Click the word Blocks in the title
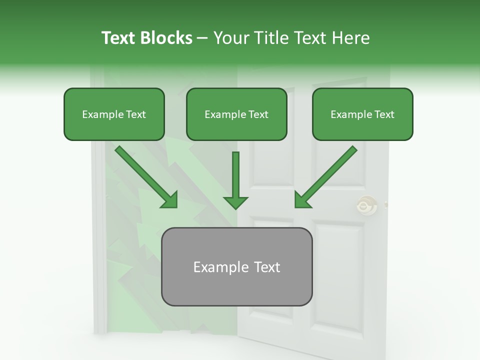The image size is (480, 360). coord(167,38)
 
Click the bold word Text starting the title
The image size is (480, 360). coord(120,38)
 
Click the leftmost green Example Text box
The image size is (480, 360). coord(114,114)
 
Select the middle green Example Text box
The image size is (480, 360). coord(236,114)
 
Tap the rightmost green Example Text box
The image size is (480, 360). coord(362,114)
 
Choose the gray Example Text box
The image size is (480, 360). coord(236,267)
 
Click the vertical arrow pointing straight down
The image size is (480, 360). coord(235,175)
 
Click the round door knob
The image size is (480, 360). coord(367,205)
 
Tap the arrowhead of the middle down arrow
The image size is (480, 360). coord(235,201)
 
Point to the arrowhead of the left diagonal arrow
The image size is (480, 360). coord(170,200)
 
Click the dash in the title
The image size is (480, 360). coord(202,38)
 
